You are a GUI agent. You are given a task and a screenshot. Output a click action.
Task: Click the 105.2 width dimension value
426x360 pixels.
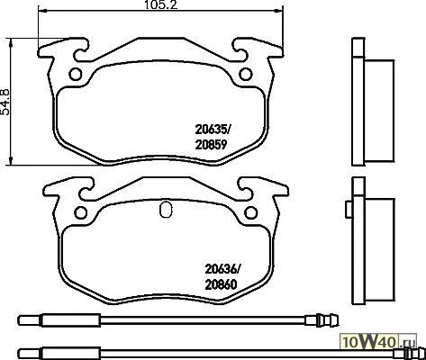point(161,4)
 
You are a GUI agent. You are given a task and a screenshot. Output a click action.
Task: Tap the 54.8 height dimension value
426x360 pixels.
point(5,102)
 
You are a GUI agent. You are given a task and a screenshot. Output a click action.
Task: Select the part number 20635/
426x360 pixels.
point(213,130)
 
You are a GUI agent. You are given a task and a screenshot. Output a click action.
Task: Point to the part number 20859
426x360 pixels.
point(211,145)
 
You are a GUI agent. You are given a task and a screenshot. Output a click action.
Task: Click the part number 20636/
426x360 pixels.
point(222,269)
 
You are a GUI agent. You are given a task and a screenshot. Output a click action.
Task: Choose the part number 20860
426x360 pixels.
point(221,284)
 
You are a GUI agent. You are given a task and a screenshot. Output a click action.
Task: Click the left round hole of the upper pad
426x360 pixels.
point(75,74)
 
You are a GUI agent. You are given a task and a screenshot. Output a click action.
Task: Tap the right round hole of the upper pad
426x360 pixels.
point(246,74)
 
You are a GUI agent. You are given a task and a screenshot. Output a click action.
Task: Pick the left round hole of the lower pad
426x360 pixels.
point(80,212)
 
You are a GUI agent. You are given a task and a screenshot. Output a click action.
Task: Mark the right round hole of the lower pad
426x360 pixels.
point(251,212)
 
